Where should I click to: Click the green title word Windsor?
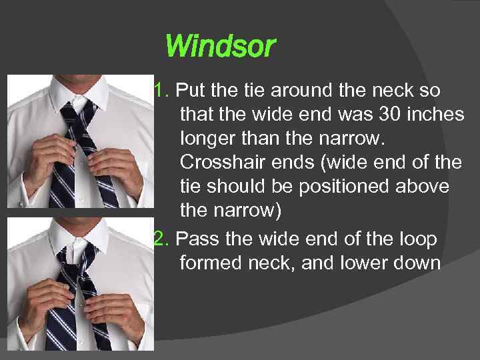219,47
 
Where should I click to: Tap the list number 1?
160,89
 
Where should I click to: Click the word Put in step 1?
189,89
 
